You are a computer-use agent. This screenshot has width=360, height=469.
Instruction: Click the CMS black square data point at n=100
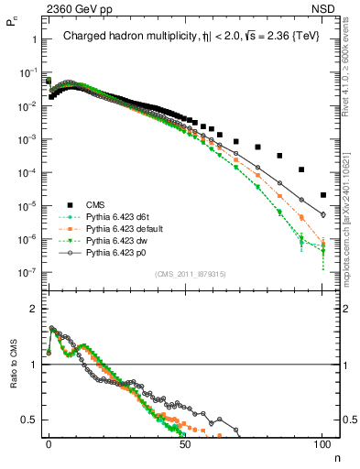point(323,194)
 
